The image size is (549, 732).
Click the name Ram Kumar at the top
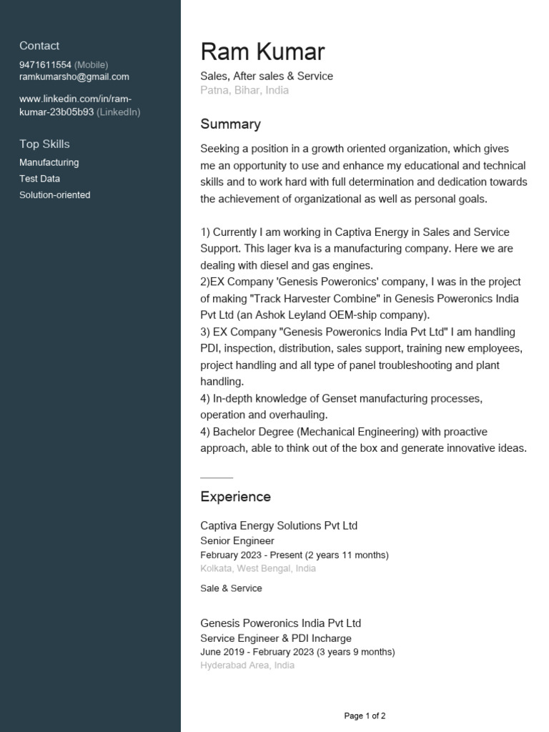262,51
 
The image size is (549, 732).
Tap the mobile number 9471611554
45,64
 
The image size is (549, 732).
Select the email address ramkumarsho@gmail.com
74,76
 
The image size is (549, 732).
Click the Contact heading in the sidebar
39,46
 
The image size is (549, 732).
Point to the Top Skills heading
44,144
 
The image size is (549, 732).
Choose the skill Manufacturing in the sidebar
49,162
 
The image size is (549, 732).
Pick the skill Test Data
39,179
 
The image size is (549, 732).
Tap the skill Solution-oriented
55,194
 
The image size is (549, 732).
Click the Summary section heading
230,124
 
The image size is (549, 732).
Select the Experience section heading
235,496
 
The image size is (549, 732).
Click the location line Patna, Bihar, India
244,91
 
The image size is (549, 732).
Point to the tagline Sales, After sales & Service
267,76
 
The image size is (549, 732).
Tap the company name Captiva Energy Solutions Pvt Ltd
279,525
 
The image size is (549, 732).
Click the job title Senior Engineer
237,541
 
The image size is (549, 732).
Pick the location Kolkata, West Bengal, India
258,568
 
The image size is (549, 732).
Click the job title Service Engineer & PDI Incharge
276,638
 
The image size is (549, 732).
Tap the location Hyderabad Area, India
247,665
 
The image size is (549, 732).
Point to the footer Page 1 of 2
365,716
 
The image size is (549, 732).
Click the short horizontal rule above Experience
217,477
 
